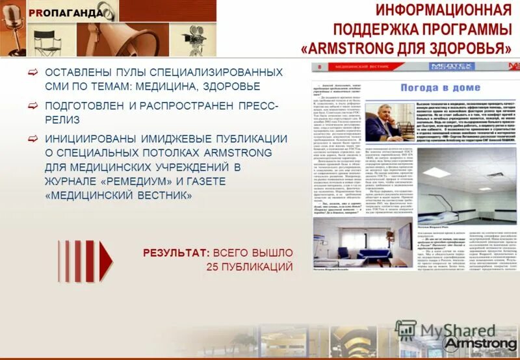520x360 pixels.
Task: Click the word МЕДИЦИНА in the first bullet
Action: click(162, 86)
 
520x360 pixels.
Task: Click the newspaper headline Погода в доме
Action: click(440, 87)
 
